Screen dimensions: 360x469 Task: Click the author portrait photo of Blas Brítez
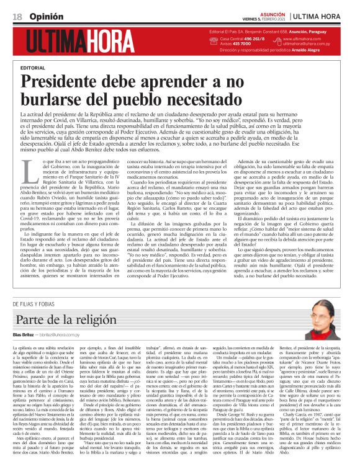pos(329,321)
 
